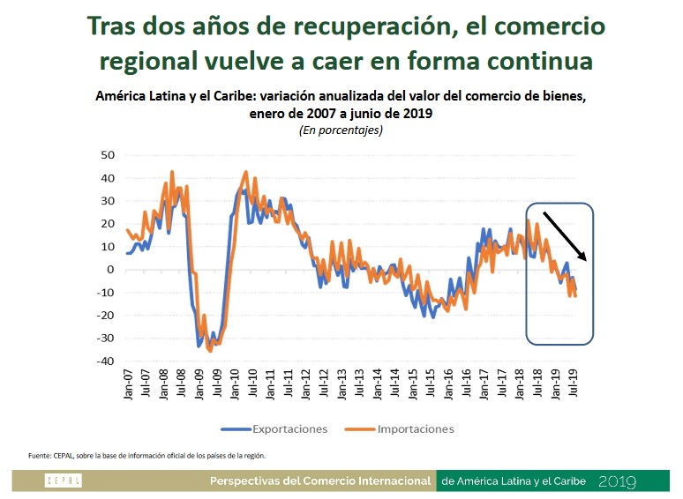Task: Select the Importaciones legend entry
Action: pyautogui.click(x=415, y=429)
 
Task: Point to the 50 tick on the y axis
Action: pyautogui.click(x=108, y=155)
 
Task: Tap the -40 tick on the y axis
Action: pyautogui.click(x=106, y=361)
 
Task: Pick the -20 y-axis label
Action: pyautogui.click(x=106, y=316)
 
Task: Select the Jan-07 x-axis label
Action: pyautogui.click(x=129, y=384)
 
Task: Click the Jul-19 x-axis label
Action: pyautogui.click(x=575, y=384)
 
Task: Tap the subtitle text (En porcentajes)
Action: pyautogui.click(x=340, y=130)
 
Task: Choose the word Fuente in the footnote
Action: pyautogui.click(x=39, y=456)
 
